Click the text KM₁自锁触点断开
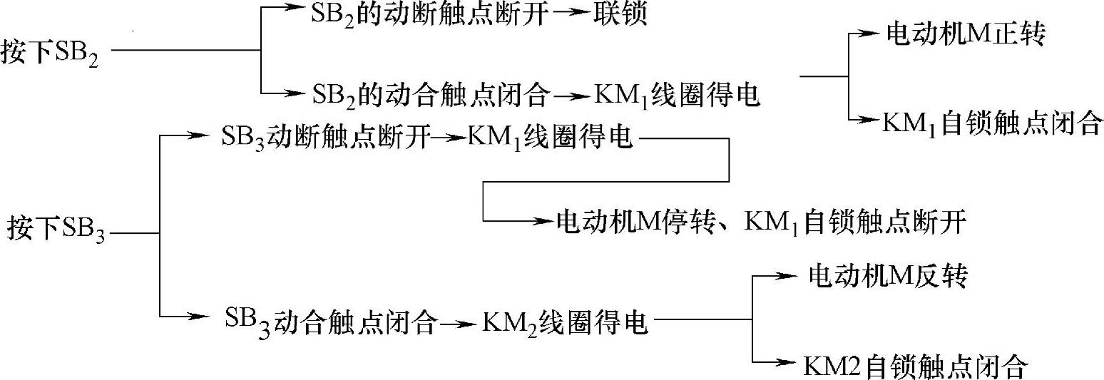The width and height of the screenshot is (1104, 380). click(855, 222)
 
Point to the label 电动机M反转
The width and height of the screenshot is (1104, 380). click(887, 276)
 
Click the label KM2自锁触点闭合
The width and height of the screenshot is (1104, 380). click(916, 366)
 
